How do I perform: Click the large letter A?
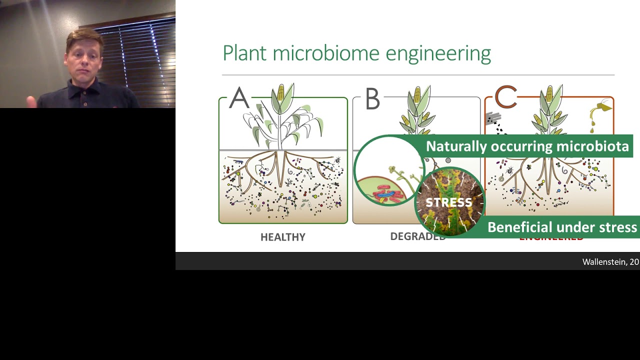pos(239,98)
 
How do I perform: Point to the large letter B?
pos(372,99)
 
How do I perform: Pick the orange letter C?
pos(505,98)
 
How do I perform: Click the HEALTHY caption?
pos(282,237)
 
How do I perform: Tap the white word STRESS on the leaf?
pos(448,202)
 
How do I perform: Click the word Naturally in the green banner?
pos(456,146)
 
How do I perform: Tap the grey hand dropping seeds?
pos(493,118)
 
